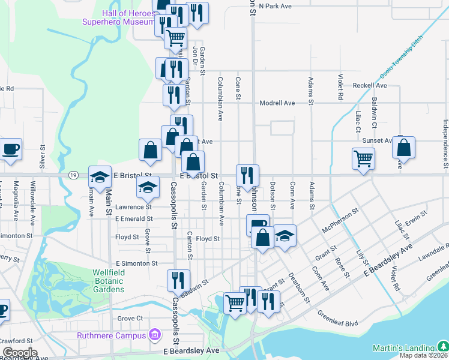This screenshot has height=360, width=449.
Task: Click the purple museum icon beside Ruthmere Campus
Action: click(x=155, y=334)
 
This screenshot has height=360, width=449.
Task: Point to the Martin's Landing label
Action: click(x=403, y=348)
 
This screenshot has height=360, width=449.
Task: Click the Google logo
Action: click(x=20, y=353)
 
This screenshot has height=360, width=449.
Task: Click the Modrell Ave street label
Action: click(x=277, y=103)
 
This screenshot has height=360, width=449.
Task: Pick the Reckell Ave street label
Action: click(x=369, y=85)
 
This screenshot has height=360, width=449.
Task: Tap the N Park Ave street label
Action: click(x=276, y=6)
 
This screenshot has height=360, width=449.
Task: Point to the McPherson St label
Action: click(x=340, y=220)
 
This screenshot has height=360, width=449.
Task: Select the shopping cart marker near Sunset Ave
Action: click(x=363, y=160)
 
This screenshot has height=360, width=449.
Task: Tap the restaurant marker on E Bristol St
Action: click(x=247, y=175)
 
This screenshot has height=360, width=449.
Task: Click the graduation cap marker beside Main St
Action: click(x=100, y=177)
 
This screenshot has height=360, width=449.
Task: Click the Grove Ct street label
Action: click(x=130, y=318)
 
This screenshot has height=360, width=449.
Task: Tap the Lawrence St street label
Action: click(x=134, y=206)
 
